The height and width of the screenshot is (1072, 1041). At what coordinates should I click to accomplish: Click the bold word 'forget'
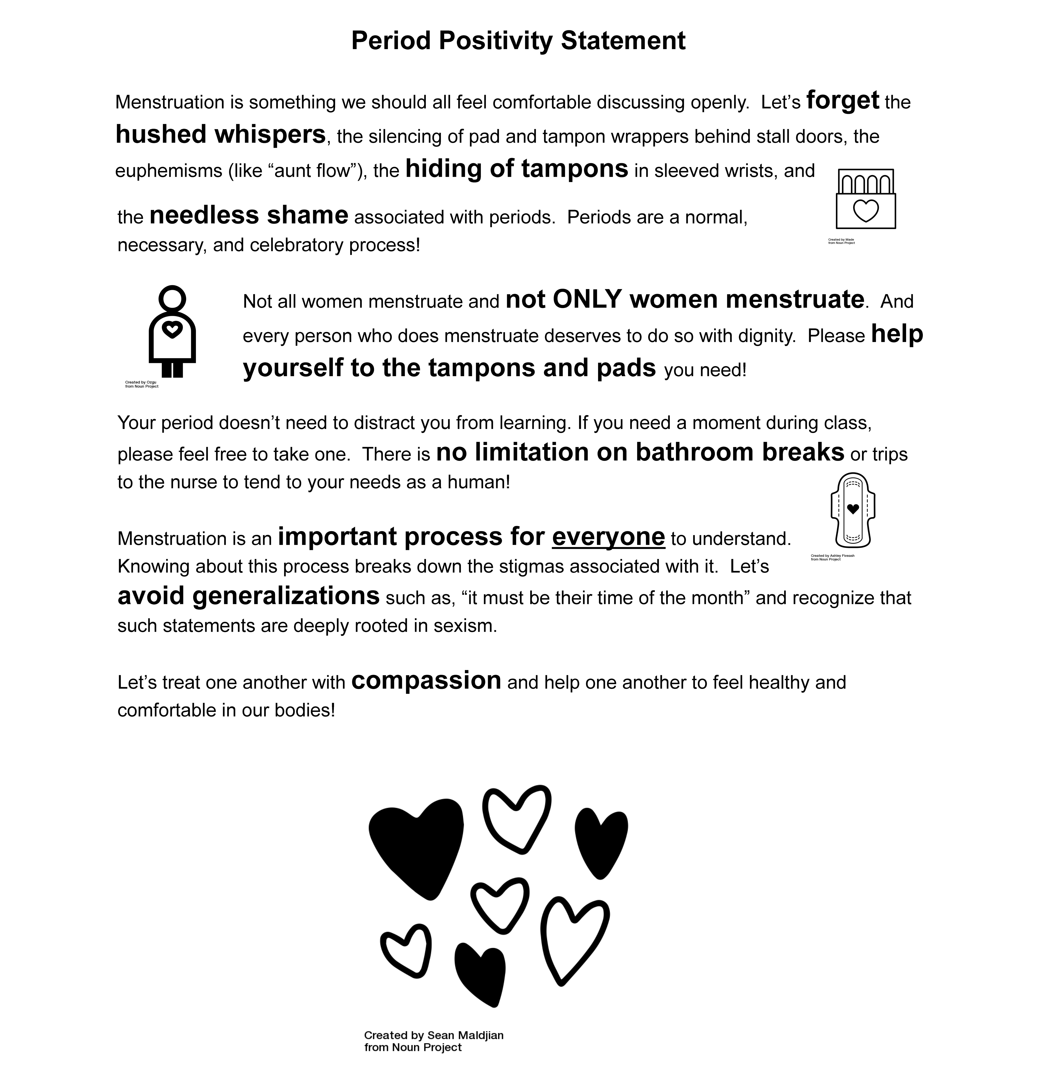(843, 100)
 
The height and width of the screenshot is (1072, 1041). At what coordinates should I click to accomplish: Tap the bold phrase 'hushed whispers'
(220, 134)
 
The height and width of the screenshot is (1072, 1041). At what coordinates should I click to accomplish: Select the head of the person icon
(172, 299)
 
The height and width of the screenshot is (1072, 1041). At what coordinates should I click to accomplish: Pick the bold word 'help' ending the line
(897, 334)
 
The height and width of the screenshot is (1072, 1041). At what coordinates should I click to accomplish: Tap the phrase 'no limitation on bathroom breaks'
(640, 452)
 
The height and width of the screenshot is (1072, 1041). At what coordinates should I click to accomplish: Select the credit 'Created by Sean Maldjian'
(434, 1035)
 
